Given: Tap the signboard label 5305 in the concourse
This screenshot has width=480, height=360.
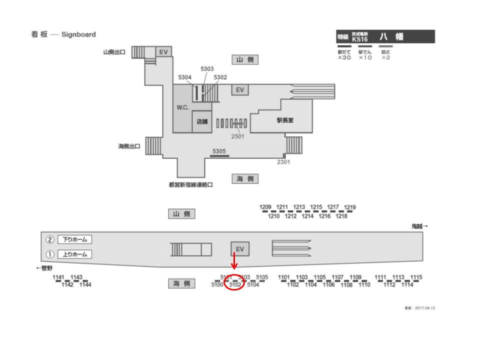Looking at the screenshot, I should (x=219, y=151).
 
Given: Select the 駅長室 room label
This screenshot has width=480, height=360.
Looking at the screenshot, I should (x=285, y=120).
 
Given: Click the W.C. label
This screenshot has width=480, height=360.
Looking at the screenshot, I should (x=182, y=108).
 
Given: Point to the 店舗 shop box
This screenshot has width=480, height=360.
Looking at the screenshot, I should (x=202, y=121).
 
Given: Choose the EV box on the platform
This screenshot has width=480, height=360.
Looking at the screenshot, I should (x=240, y=249).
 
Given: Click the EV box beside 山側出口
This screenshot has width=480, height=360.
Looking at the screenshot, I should (x=163, y=51).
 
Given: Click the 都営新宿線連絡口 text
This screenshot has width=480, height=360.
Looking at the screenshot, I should (x=191, y=184).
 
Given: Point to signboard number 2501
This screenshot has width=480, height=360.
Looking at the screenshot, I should (x=237, y=136).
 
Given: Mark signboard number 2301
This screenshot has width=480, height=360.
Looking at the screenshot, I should (x=284, y=162).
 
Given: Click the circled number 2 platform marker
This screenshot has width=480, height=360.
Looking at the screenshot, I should (x=50, y=239).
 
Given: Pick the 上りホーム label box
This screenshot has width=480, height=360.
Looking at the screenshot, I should (x=74, y=254).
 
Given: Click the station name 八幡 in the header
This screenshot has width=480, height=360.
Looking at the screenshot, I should (x=391, y=37).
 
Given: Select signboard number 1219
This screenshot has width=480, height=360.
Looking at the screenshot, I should (x=350, y=207).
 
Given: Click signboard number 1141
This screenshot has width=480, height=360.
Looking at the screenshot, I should (x=59, y=277).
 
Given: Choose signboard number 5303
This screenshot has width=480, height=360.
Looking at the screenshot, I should (x=207, y=69).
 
